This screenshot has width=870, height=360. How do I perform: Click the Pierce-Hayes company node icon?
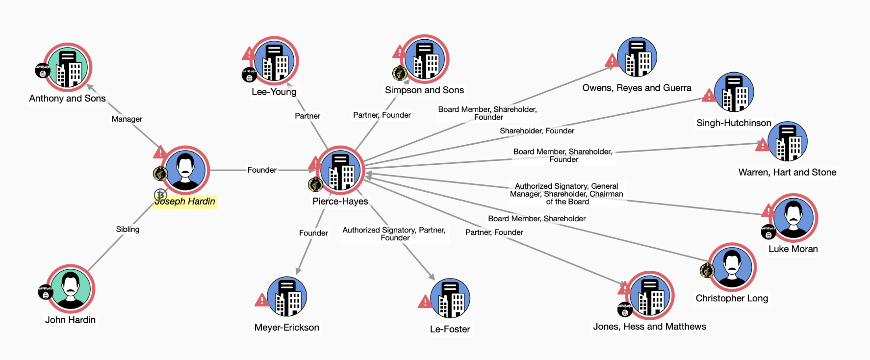[x=340, y=170]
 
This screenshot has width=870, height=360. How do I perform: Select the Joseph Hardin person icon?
[x=185, y=170]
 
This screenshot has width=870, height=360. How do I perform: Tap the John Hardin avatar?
[x=71, y=289]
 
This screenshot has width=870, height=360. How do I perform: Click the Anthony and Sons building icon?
[x=68, y=68]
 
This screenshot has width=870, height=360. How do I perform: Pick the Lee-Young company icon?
[x=275, y=61]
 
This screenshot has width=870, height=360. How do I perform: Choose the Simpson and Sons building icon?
[x=425, y=59]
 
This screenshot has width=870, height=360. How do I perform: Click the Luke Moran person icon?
[x=793, y=218]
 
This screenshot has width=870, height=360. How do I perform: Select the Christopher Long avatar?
[x=732, y=268]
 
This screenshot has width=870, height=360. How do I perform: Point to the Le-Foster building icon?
[x=450, y=299]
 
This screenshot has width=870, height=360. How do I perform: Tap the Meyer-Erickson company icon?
[x=287, y=297]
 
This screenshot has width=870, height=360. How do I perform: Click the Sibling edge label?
[x=128, y=229]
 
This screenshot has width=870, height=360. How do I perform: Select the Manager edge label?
[x=127, y=119]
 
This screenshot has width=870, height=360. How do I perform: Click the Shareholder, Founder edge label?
[x=537, y=130]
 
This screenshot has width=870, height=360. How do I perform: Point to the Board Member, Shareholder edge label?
[x=537, y=218]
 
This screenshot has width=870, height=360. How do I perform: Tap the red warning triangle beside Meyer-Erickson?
[x=261, y=300]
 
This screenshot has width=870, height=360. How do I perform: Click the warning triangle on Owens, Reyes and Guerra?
[x=612, y=61]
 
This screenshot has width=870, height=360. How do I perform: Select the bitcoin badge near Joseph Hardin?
[x=160, y=195]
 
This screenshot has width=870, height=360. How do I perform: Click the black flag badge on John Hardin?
[x=45, y=292]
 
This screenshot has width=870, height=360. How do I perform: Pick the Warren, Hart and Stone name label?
[x=787, y=172]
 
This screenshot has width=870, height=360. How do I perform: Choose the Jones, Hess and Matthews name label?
[x=649, y=327]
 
